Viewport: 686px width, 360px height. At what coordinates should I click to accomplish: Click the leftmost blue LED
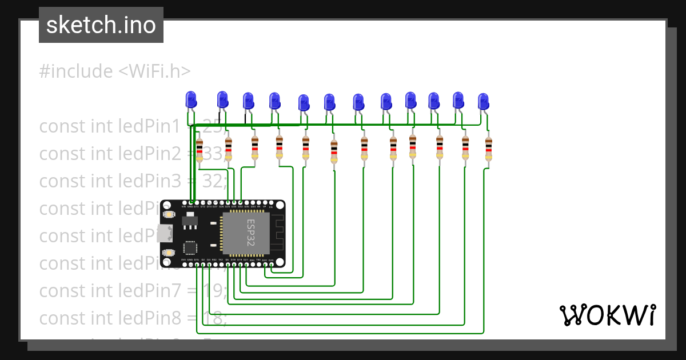point(191,99)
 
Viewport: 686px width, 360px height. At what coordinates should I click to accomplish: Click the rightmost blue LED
point(484,102)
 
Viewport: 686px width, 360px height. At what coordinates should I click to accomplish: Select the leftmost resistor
point(199,150)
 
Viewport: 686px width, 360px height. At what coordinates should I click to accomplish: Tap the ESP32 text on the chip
point(250,233)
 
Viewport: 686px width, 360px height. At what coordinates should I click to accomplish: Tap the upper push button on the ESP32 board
point(169,214)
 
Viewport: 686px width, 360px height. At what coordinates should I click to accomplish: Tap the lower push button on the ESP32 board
point(169,252)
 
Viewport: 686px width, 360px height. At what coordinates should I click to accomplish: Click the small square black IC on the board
point(190,248)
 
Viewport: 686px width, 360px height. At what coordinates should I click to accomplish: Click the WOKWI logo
point(607,315)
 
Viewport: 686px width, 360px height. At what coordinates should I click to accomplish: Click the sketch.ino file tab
point(101,25)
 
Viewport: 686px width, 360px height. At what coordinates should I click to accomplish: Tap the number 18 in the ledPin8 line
point(216,318)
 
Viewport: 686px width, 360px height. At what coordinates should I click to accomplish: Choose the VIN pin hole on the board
point(184,202)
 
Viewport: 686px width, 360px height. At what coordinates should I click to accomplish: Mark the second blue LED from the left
point(222,100)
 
